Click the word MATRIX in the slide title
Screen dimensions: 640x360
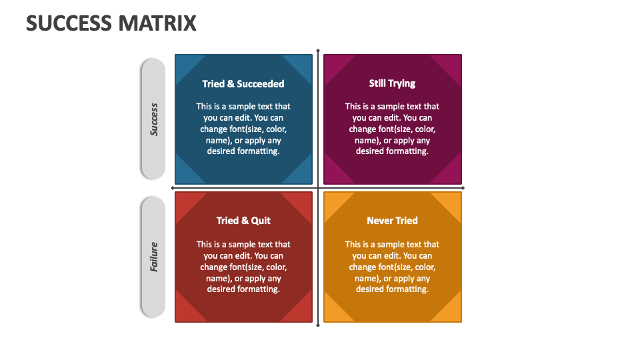tap(157, 23)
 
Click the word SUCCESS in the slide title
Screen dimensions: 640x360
tap(69, 23)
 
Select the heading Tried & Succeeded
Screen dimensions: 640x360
tap(243, 84)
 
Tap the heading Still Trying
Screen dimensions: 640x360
tap(392, 84)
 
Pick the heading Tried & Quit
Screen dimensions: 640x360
tap(244, 221)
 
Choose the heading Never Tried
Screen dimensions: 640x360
tap(392, 221)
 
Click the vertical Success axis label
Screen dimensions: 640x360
tap(154, 119)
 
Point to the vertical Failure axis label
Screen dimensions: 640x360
tap(154, 257)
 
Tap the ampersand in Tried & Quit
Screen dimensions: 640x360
tap(245, 221)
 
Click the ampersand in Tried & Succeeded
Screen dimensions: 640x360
tap(231, 84)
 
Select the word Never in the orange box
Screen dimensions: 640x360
tap(379, 221)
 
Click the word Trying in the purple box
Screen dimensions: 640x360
tap(402, 84)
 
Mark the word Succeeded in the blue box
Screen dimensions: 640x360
tap(261, 84)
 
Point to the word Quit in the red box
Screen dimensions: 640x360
tap(261, 221)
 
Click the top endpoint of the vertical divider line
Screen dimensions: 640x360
tap(318, 50)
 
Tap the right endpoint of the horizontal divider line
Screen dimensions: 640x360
tap(463, 188)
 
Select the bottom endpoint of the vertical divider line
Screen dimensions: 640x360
tap(318, 325)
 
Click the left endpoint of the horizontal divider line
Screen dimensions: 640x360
tap(173, 188)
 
